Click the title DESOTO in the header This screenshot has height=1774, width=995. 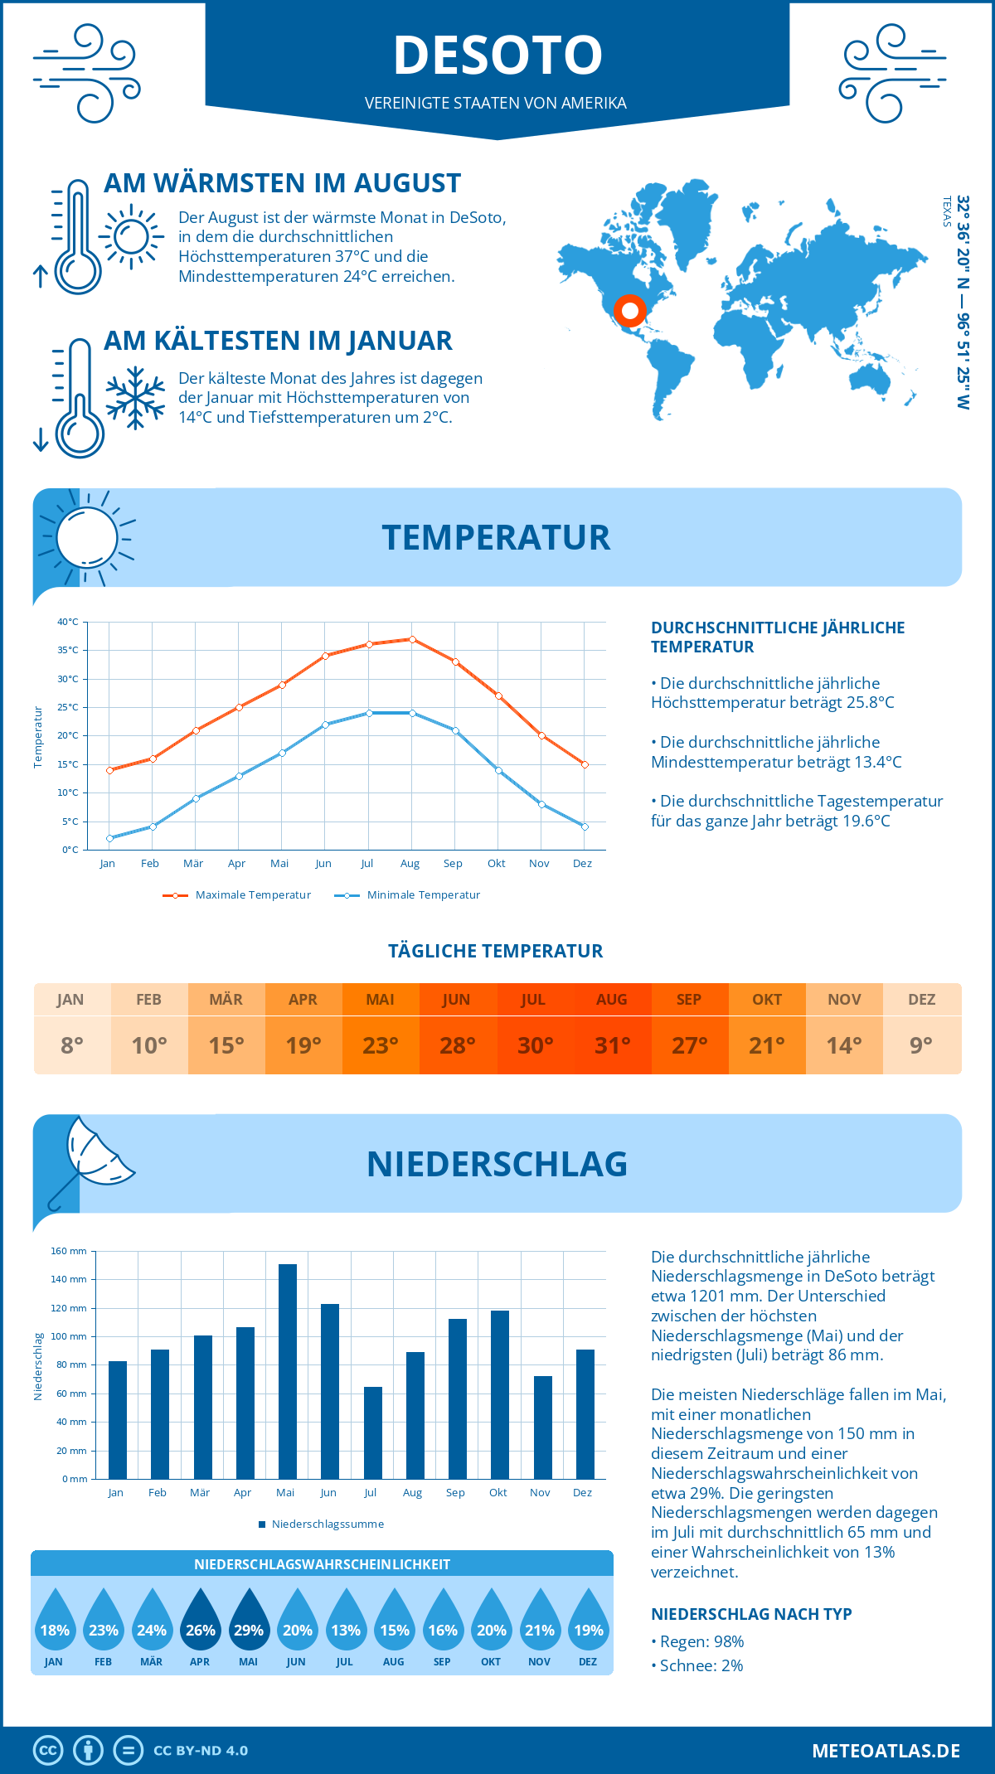(x=498, y=56)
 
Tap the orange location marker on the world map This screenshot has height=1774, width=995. (x=629, y=311)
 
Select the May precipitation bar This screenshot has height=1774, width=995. (x=288, y=1371)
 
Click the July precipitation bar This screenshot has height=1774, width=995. (x=373, y=1432)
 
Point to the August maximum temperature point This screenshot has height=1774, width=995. (x=412, y=639)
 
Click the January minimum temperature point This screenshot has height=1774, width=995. (x=109, y=838)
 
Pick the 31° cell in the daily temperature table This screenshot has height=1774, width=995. (x=613, y=1045)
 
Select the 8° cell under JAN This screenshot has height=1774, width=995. (x=72, y=1045)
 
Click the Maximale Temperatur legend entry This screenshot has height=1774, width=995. (x=237, y=895)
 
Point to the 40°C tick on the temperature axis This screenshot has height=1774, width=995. (x=68, y=622)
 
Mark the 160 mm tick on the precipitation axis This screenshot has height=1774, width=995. (x=70, y=1251)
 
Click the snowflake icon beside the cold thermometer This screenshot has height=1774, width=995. (x=135, y=398)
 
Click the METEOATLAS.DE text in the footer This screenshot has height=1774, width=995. (x=886, y=1751)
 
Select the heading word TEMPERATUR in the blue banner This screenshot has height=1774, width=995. (x=496, y=537)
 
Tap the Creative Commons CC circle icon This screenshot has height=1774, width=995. (x=48, y=1751)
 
